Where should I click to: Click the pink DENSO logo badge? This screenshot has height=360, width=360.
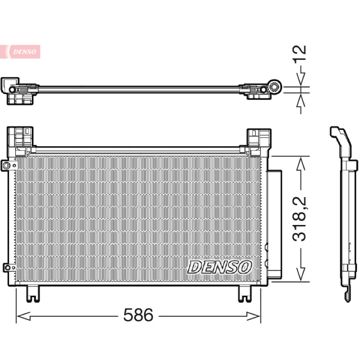[x=20, y=52]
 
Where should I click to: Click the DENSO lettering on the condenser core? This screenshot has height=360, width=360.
[x=220, y=267]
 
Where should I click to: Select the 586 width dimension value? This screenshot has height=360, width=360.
[x=138, y=315]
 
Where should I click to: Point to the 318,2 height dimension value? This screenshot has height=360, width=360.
[x=300, y=219]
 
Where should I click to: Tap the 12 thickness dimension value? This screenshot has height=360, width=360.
[x=299, y=53]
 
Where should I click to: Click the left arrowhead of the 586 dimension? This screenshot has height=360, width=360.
[x=23, y=316]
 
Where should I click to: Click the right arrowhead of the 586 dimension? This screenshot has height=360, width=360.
[x=253, y=316]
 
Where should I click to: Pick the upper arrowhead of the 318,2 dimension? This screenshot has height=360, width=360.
[x=301, y=163]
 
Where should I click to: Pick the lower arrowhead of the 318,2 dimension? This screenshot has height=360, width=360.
[x=301, y=274]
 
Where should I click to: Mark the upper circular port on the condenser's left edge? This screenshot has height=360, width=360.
[x=7, y=165]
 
